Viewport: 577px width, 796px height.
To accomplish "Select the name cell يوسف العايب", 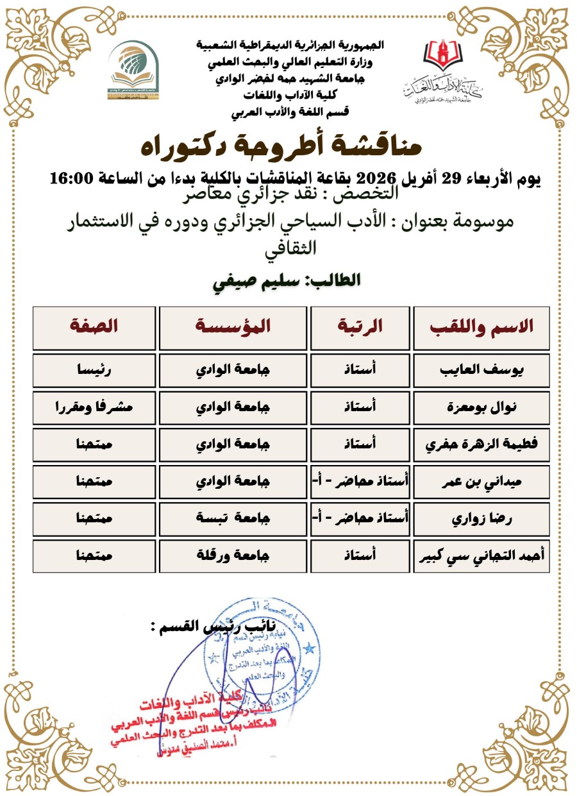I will [482, 371].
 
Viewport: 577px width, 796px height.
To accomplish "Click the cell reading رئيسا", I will [94, 371].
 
